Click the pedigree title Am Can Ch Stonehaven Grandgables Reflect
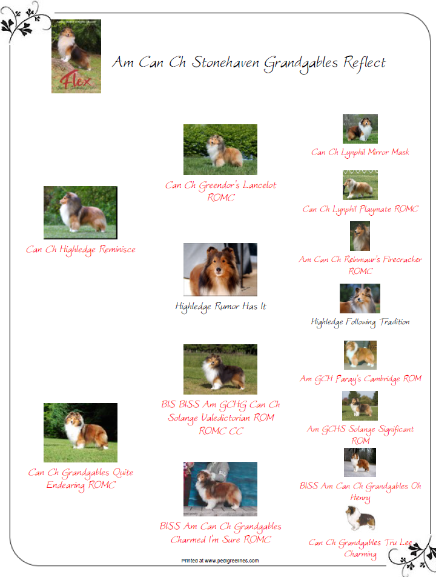pyautogui.click(x=249, y=63)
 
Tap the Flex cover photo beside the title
pyautogui.click(x=76, y=56)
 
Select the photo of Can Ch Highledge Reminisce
pyautogui.click(x=81, y=212)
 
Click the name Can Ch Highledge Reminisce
pyautogui.click(x=81, y=250)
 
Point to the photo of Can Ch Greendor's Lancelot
pyautogui.click(x=220, y=149)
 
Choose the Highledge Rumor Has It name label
pyautogui.click(x=220, y=307)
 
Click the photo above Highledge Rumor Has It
pyautogui.click(x=220, y=269)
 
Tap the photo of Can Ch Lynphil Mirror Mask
pyautogui.click(x=360, y=128)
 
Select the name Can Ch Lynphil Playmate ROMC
pyautogui.click(x=360, y=209)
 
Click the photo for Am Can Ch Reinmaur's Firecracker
pyautogui.click(x=360, y=236)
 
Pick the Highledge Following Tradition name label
pyautogui.click(x=360, y=322)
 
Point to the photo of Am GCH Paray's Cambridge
pyautogui.click(x=360, y=355)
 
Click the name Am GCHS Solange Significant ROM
pyautogui.click(x=360, y=435)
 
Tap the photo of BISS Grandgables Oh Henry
pyautogui.click(x=360, y=462)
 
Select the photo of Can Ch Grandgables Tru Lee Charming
pyautogui.click(x=360, y=518)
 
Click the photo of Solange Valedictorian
pyautogui.click(x=220, y=369)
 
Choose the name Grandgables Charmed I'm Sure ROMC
pyautogui.click(x=220, y=533)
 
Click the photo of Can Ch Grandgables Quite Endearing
pyautogui.click(x=81, y=432)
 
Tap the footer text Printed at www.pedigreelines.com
pyautogui.click(x=220, y=561)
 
